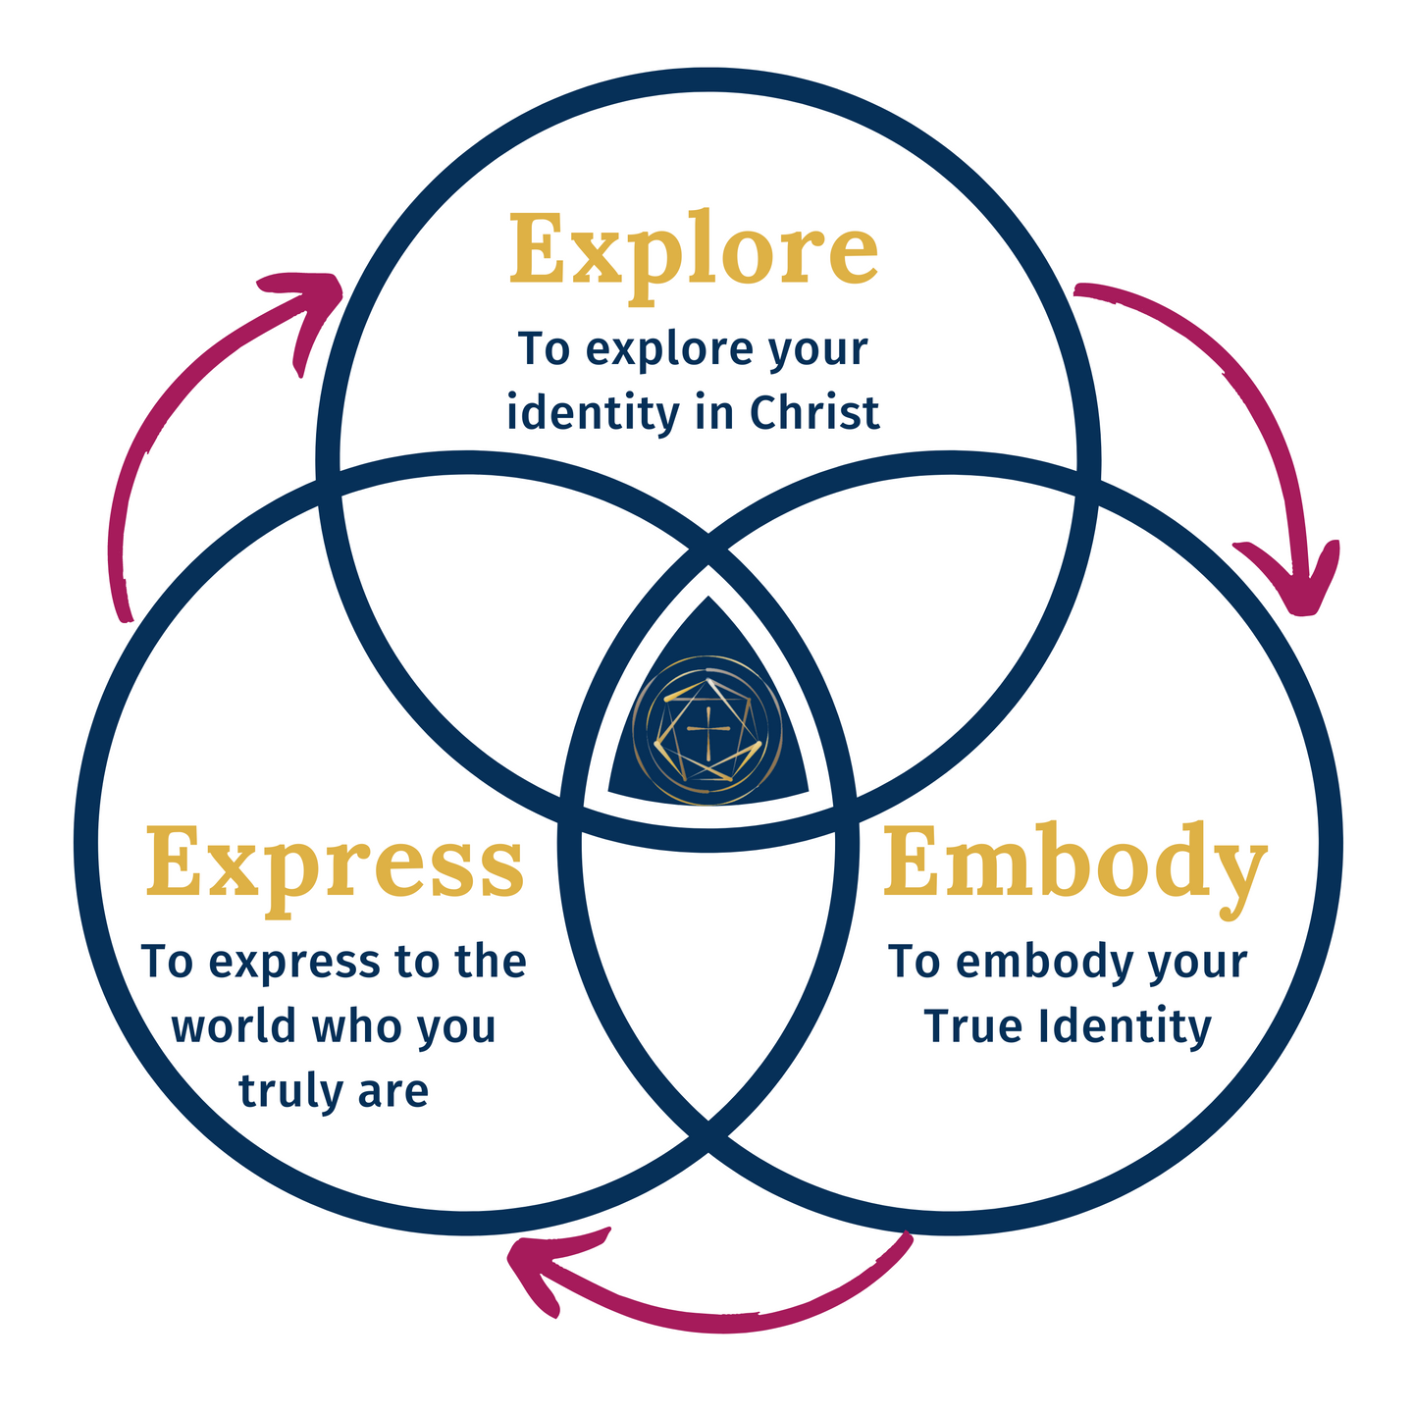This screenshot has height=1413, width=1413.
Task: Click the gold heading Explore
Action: (693, 252)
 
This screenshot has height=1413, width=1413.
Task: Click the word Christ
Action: (814, 413)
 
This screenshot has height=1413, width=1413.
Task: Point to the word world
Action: (239, 1026)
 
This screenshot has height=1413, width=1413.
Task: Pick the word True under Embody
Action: (963, 1026)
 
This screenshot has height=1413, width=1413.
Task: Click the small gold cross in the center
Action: (706, 731)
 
